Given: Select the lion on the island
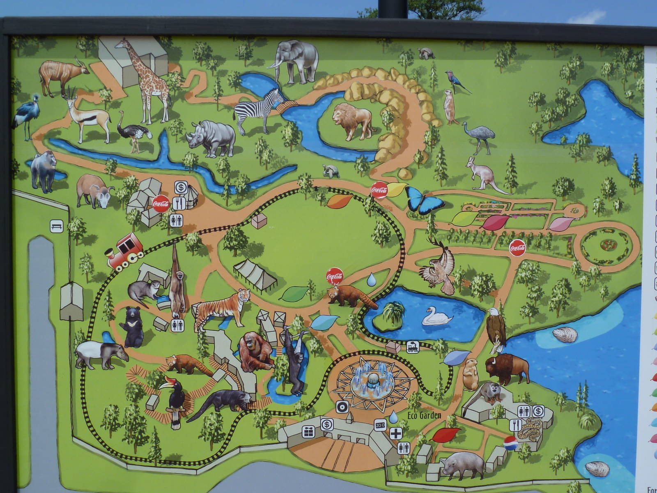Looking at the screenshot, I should click(352, 120).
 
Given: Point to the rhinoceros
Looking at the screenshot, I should click(211, 138).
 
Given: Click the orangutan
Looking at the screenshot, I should click(255, 352).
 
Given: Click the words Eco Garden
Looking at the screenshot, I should click(424, 415).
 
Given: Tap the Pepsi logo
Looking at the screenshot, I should click(510, 443).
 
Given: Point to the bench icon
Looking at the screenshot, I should click(57, 226).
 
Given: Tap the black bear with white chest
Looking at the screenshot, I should click(132, 327).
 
